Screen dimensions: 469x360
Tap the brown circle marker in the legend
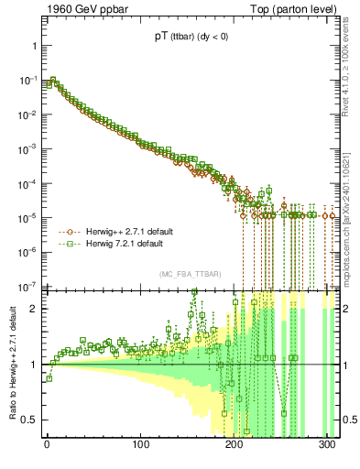pos(65,233)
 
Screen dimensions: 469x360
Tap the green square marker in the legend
pos(65,245)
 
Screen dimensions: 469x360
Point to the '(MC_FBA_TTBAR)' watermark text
pos(186,275)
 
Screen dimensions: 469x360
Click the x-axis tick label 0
pos(48,444)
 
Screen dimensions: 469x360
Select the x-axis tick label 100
pos(141,444)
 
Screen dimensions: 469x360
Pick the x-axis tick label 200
pos(235,444)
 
